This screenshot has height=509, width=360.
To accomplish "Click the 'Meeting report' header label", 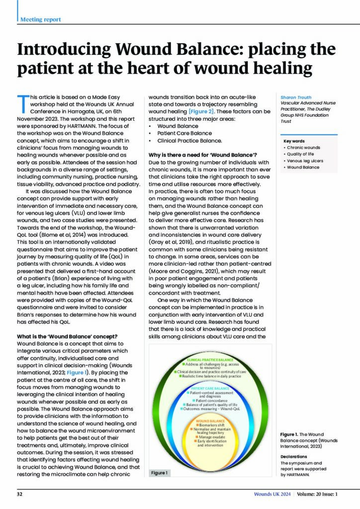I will (x=41, y=19).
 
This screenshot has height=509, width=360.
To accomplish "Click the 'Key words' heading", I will (x=294, y=141).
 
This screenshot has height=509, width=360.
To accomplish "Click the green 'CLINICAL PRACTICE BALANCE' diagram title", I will (x=210, y=359).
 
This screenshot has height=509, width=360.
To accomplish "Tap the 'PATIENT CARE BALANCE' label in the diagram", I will (x=210, y=388).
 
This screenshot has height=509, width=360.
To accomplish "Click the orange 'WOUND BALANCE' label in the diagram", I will (x=210, y=421).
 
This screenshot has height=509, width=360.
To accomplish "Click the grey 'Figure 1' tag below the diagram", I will (x=160, y=472).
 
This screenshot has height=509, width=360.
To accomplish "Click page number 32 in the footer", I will (x=20, y=494).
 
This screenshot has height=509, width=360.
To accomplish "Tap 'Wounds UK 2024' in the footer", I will (x=271, y=494).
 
